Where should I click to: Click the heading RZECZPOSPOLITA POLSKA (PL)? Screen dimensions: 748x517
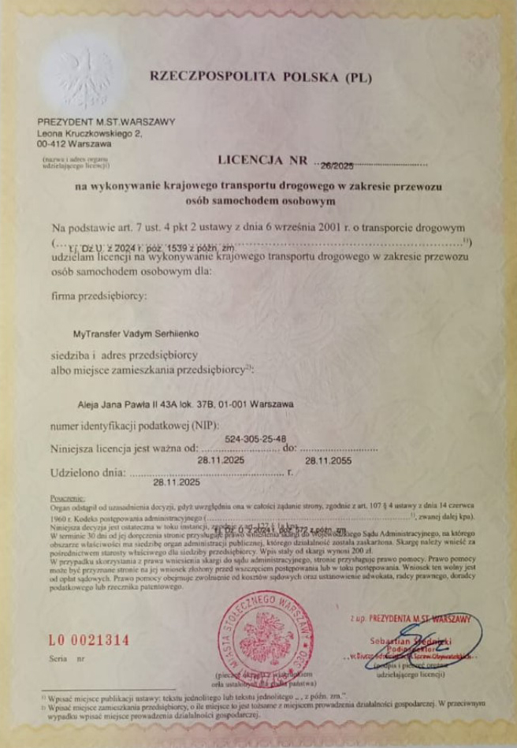259,77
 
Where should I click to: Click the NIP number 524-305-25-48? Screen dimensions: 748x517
255,438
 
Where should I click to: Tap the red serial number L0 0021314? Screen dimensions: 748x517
89,640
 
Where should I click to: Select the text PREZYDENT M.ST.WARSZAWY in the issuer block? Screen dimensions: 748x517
106,122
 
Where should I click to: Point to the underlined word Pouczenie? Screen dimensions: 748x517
66,499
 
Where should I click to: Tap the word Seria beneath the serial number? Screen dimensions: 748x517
58,657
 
